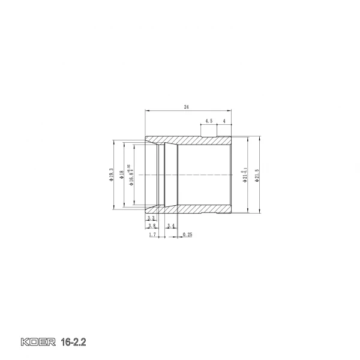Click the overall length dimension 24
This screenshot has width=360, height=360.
click(187, 107)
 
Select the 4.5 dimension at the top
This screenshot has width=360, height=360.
click(208, 121)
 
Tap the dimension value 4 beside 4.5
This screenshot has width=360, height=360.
click(224, 121)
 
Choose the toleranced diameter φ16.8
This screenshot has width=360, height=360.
click(130, 176)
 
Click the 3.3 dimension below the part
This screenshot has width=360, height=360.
click(152, 218)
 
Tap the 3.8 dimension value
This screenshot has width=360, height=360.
click(152, 226)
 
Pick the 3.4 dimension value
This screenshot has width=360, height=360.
click(171, 226)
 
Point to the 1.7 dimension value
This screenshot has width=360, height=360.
click(152, 235)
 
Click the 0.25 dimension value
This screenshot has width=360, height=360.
click(187, 235)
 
